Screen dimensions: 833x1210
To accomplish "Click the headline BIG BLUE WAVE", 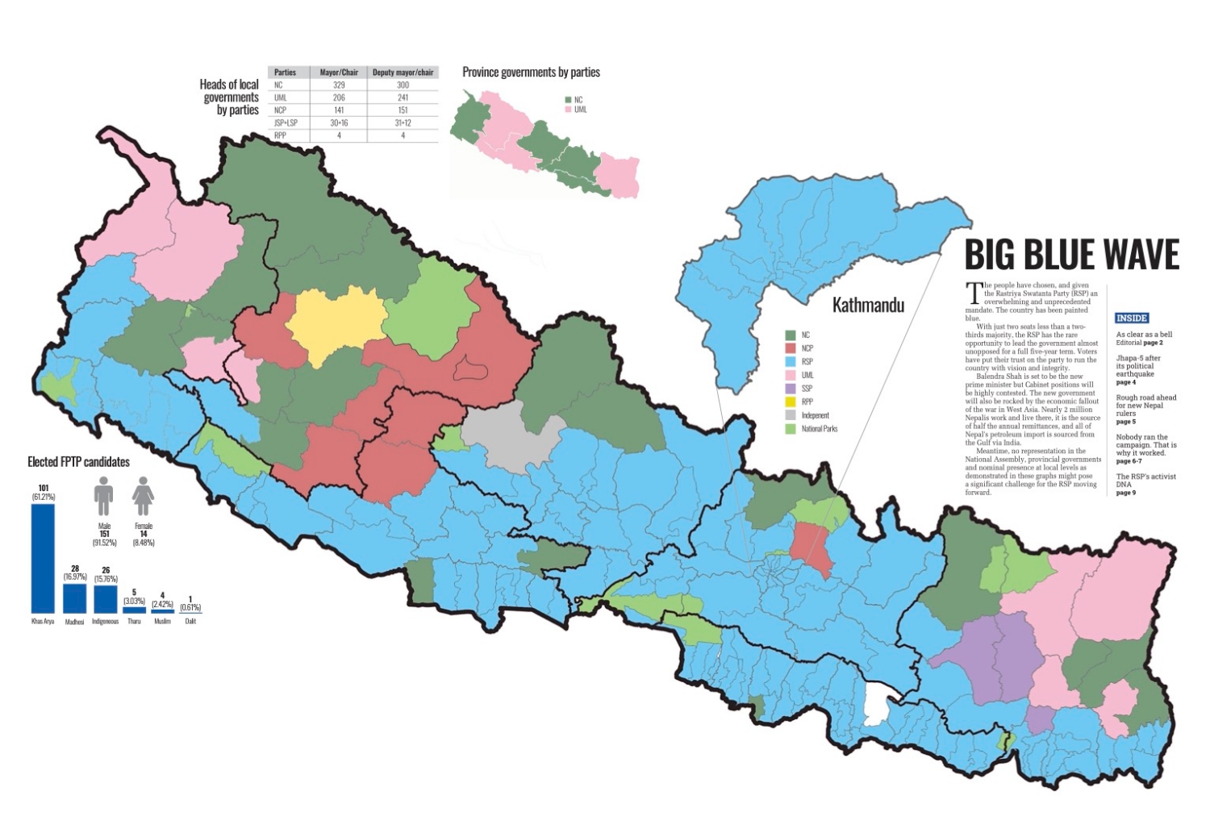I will pos(1071,255).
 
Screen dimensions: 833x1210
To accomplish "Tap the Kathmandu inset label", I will pos(868,306).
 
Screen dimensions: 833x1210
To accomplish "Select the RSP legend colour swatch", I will pos(791,362).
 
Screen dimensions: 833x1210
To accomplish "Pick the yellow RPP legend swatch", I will pos(791,402).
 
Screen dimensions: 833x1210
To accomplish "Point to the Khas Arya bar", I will pos(43,558).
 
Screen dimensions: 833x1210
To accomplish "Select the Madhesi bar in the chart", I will pos(74,598).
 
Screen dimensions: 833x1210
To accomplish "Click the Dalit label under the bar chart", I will pos(190,622).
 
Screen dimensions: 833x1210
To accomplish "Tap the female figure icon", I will pos(143,496).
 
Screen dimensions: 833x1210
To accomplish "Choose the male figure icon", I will pos(104,496).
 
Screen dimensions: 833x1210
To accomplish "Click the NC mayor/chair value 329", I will pos(339,85).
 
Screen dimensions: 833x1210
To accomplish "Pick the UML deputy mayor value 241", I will pos(403,98).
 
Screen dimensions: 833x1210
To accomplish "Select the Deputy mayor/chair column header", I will pos(403,73).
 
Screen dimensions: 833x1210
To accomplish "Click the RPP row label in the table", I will pos(279,135).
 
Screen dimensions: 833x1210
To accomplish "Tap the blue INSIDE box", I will pos(1132,319).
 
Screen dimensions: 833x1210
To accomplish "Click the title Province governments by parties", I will pos(531,73).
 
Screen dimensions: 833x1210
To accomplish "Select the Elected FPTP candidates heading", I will pos(78,462).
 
